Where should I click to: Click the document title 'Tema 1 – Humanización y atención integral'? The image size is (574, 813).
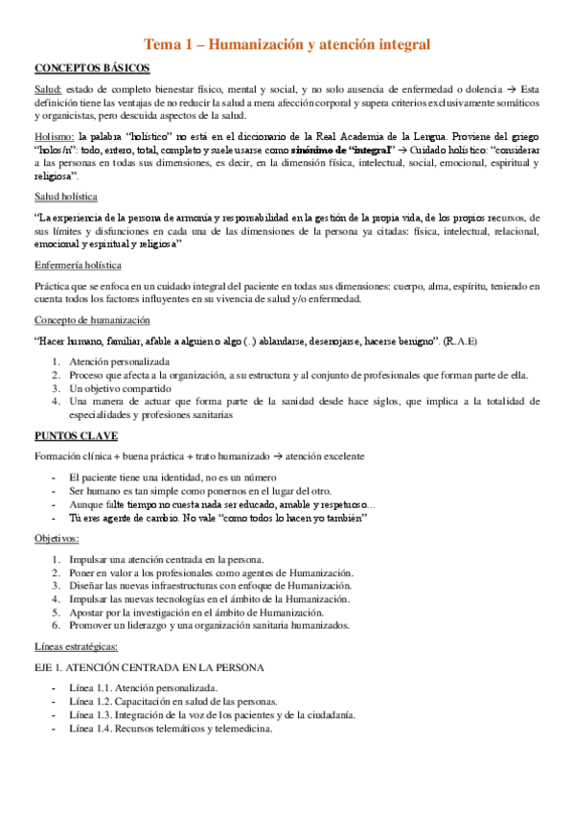point(287,44)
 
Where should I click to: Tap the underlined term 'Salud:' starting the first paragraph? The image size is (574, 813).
point(49,89)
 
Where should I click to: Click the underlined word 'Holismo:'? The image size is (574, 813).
point(55,137)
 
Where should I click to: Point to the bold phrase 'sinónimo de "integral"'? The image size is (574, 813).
point(333,151)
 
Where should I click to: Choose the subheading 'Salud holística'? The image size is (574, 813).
point(72,197)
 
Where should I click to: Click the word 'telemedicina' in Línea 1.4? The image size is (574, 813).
point(241,728)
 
